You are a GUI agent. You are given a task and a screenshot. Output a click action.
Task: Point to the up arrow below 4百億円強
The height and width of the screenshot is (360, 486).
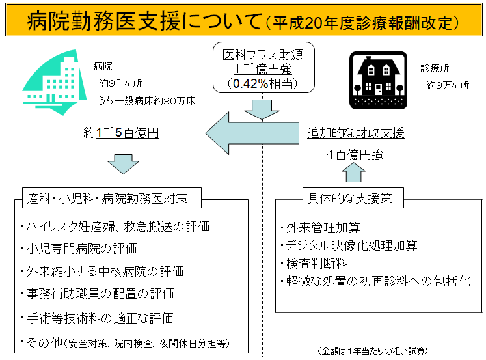point(355,173)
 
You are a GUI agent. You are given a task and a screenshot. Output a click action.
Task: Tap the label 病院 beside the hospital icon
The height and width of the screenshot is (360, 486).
point(103,66)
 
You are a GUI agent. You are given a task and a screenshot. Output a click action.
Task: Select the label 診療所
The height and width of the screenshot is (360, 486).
point(435,68)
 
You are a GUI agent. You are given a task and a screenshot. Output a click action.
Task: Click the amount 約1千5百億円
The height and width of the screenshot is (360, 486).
point(122,133)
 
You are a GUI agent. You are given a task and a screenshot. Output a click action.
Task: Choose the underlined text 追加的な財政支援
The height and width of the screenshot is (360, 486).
point(356,133)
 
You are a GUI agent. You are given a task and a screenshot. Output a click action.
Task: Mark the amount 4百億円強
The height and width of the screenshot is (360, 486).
point(355,155)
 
